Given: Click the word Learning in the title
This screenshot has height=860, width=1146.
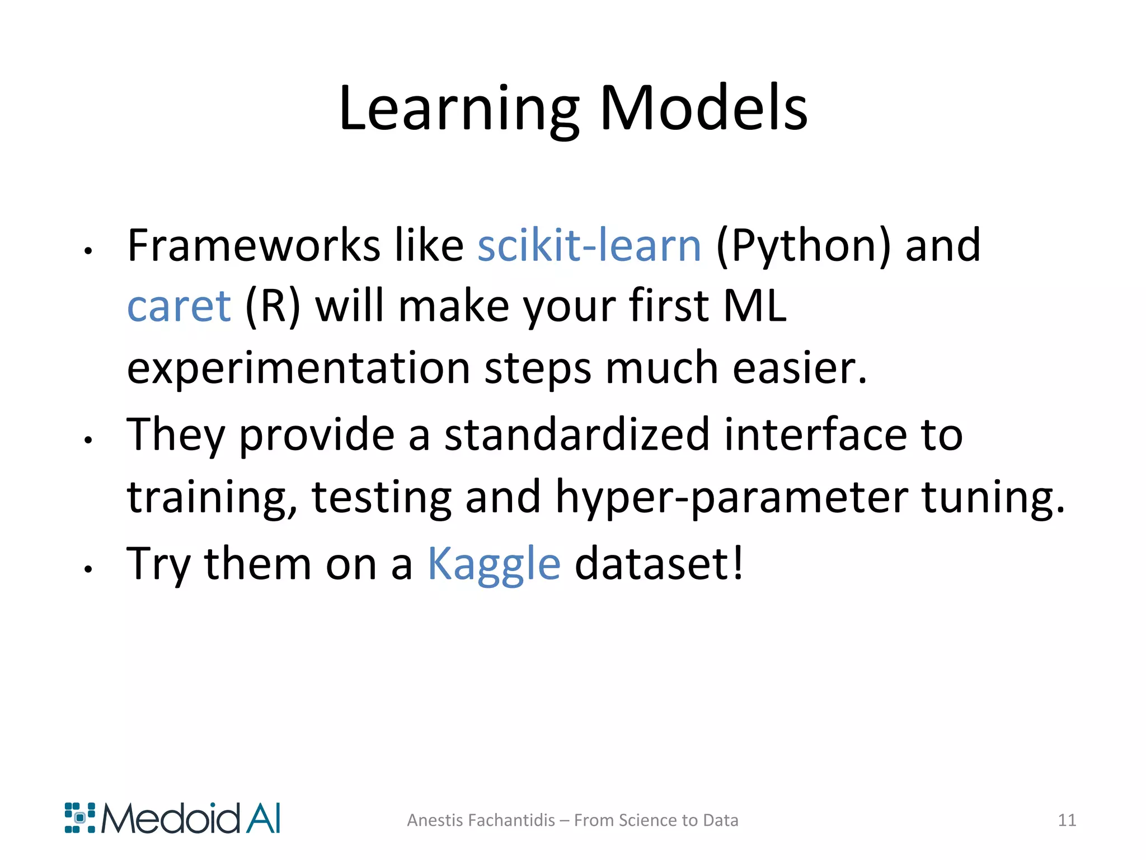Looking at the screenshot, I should point(459,109).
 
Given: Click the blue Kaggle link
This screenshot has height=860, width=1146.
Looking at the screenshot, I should point(494,564).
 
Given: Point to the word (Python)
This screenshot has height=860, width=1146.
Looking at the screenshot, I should point(803,246).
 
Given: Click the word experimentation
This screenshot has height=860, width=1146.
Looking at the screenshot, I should point(298,370).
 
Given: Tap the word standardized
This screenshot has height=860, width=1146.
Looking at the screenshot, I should point(577,434).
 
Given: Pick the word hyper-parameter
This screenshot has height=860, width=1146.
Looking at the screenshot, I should point(731,497).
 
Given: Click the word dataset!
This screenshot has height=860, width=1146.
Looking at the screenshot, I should point(659,564).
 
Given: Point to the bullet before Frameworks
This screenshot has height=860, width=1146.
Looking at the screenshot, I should point(88,252).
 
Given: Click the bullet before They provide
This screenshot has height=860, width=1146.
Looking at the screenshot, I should point(88,441).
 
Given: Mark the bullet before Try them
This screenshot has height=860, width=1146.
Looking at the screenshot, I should point(88,570).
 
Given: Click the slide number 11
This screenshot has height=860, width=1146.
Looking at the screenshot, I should point(1067,820).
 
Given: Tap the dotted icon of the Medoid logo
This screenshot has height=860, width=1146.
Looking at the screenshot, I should point(80,818).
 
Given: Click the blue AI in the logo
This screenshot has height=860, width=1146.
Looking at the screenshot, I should point(262,819).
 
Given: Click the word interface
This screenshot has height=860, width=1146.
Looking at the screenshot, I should point(815,434).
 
